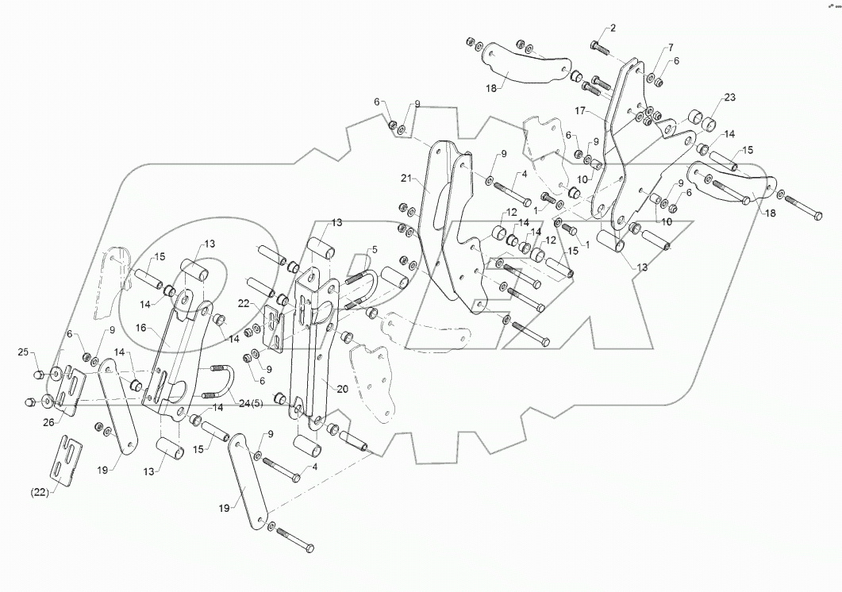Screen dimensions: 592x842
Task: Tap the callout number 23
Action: point(729,98)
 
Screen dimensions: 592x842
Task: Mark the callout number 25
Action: point(23,351)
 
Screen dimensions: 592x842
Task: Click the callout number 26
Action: point(48,422)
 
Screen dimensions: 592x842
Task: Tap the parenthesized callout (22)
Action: point(40,492)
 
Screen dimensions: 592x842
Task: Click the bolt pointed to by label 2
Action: point(600,47)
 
